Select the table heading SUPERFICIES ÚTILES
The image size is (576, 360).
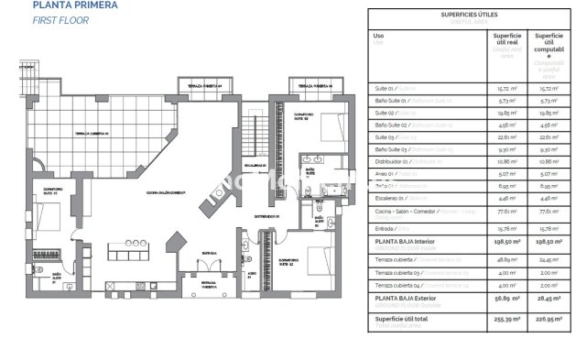pyautogui.click(x=468, y=15)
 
